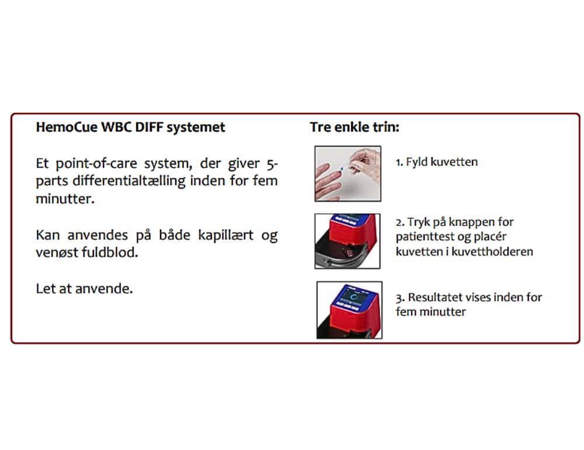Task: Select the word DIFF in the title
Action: click(x=148, y=127)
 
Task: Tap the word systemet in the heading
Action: click(x=196, y=127)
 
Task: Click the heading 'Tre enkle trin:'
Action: click(x=354, y=127)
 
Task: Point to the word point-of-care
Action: click(x=96, y=164)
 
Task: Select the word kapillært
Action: click(x=225, y=235)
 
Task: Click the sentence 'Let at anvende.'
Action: click(x=84, y=289)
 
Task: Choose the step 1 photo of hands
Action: click(x=348, y=174)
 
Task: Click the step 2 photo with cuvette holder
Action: click(x=347, y=241)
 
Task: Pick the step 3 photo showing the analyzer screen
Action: click(x=349, y=310)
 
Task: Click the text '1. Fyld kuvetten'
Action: click(x=436, y=162)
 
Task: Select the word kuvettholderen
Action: click(x=492, y=252)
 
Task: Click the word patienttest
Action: click(x=422, y=237)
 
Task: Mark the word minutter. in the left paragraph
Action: click(x=65, y=199)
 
